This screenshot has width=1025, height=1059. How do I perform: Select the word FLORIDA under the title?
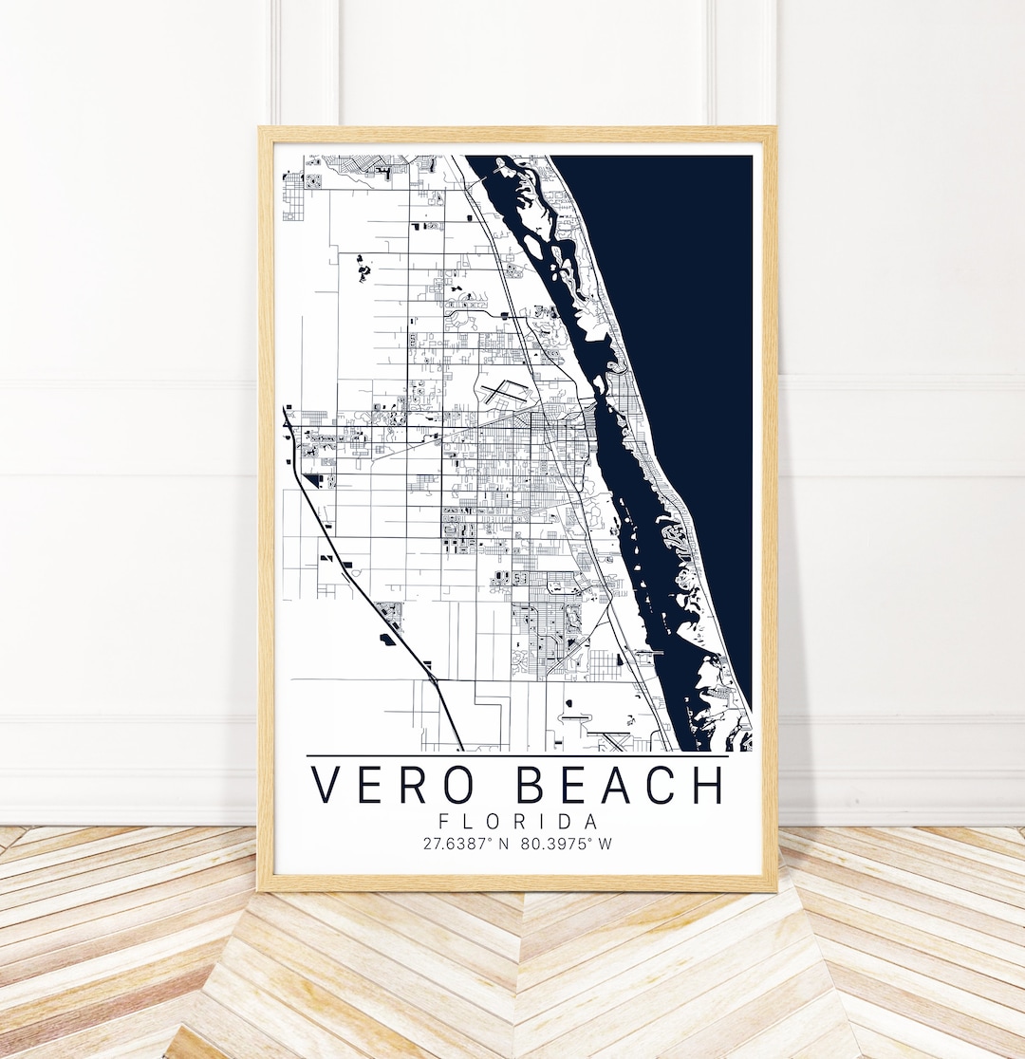518,821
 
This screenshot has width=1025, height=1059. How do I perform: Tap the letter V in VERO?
328,785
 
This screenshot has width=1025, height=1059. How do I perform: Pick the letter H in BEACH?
703,785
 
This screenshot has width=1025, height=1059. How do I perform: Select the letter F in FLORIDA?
444,821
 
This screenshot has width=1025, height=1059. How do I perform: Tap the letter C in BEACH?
662,785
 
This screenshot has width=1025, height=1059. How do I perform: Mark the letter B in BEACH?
534,785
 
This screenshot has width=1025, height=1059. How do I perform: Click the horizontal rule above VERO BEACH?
518,756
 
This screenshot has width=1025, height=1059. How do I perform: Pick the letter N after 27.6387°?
505,843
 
